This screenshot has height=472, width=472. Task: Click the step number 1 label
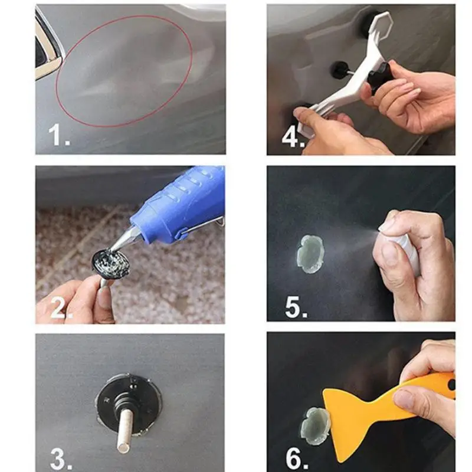pyautogui.click(x=60, y=135)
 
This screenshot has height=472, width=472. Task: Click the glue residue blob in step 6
pyautogui.click(x=314, y=426)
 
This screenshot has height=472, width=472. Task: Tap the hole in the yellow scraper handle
pyautogui.click(x=451, y=385)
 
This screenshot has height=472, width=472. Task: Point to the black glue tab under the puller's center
pyautogui.click(x=340, y=69)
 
